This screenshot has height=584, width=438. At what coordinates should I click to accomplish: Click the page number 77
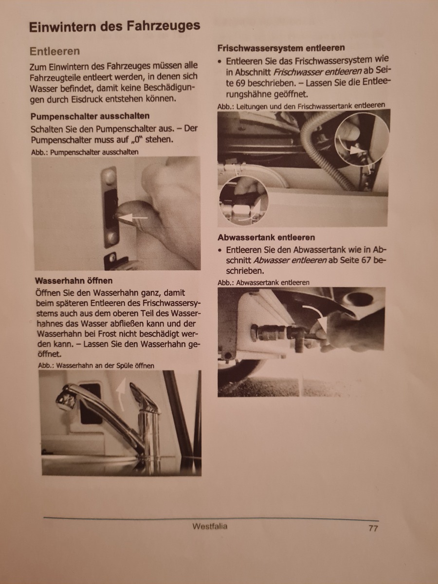(x=373, y=528)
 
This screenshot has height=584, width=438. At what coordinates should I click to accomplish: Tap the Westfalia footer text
(x=210, y=526)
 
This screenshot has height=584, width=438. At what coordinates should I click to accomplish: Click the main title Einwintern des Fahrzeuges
(x=115, y=27)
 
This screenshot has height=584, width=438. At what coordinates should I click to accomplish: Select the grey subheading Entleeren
(x=55, y=51)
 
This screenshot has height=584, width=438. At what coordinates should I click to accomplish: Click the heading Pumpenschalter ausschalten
(x=90, y=116)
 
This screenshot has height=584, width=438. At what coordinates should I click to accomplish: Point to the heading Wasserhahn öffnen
(x=74, y=281)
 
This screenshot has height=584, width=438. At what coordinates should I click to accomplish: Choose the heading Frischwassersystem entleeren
(x=281, y=48)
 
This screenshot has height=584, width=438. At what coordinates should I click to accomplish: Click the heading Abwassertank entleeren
(x=266, y=237)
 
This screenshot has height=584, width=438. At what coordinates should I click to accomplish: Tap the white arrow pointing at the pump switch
(x=132, y=218)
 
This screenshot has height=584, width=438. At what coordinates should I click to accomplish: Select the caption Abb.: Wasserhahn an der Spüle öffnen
(x=96, y=366)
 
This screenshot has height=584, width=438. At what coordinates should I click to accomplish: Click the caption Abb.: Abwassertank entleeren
(x=264, y=283)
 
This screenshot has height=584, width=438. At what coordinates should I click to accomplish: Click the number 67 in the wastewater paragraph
(x=366, y=260)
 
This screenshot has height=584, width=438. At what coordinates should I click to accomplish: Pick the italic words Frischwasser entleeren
(x=317, y=72)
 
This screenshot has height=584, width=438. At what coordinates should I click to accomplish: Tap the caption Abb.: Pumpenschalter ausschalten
(x=85, y=152)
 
